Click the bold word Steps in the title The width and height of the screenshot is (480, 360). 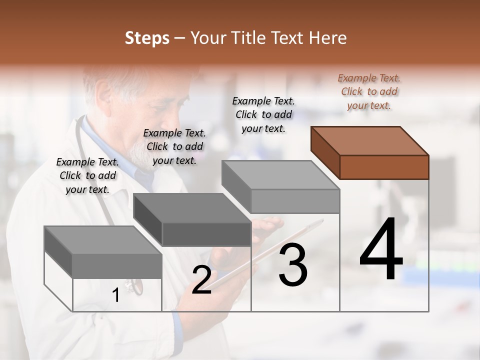[x=147, y=38]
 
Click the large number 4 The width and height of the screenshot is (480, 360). [x=381, y=250]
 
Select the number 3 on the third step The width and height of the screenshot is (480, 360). [x=293, y=265]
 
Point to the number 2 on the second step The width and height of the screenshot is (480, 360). [x=201, y=280]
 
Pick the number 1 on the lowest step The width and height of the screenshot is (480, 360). [x=116, y=295]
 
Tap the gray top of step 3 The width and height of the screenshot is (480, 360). [x=280, y=175]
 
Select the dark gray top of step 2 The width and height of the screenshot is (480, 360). [x=192, y=208]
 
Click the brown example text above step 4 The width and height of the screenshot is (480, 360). [x=369, y=91]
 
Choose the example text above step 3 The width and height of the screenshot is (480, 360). [x=263, y=114]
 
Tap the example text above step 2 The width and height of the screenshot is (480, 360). [x=174, y=146]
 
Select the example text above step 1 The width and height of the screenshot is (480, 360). [x=87, y=175]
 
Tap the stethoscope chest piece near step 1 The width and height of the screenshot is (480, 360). [x=134, y=285]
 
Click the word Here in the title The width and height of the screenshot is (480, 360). [x=328, y=38]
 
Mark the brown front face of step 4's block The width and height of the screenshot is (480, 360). [x=384, y=167]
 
